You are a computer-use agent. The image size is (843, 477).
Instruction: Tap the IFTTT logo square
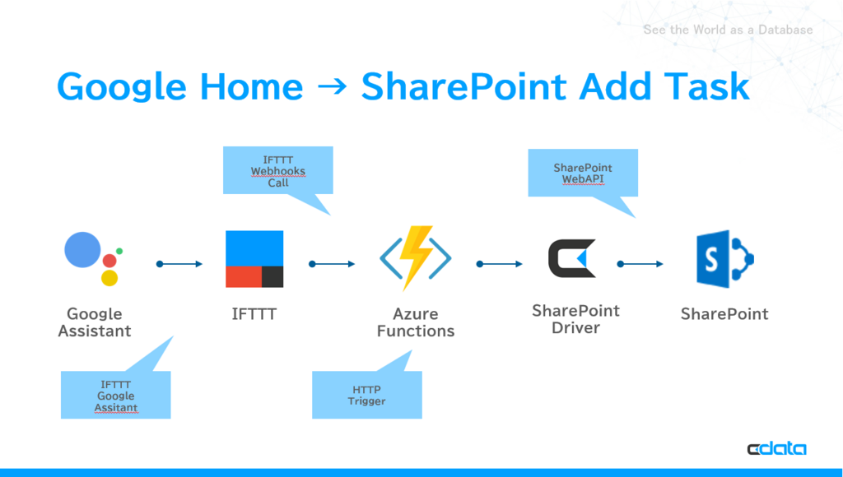(x=254, y=259)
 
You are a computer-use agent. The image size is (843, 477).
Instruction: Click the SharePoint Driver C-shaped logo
(x=572, y=258)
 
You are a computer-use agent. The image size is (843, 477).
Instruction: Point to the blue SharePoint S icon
(x=724, y=259)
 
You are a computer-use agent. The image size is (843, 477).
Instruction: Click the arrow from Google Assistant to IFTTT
(x=179, y=264)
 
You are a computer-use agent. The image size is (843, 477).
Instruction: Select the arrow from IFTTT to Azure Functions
(x=333, y=264)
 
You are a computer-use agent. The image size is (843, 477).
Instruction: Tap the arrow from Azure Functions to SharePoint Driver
(x=500, y=264)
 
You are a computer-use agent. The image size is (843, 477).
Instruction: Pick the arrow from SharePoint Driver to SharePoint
(x=640, y=264)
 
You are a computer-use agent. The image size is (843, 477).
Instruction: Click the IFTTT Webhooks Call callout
(x=278, y=170)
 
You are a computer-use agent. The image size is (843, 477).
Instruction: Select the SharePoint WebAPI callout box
(x=583, y=173)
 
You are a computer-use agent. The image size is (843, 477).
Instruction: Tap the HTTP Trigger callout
(x=367, y=394)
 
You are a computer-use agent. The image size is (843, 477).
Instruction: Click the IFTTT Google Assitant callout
(x=115, y=395)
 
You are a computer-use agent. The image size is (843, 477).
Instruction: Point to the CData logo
(x=777, y=448)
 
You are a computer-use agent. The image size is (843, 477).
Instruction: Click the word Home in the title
(x=251, y=86)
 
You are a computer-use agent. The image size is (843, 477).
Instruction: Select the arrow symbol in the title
(x=333, y=86)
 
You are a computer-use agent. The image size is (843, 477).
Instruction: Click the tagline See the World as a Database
(x=728, y=30)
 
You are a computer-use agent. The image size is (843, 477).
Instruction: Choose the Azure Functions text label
(x=416, y=322)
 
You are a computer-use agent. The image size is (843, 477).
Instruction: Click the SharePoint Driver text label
(x=575, y=319)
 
